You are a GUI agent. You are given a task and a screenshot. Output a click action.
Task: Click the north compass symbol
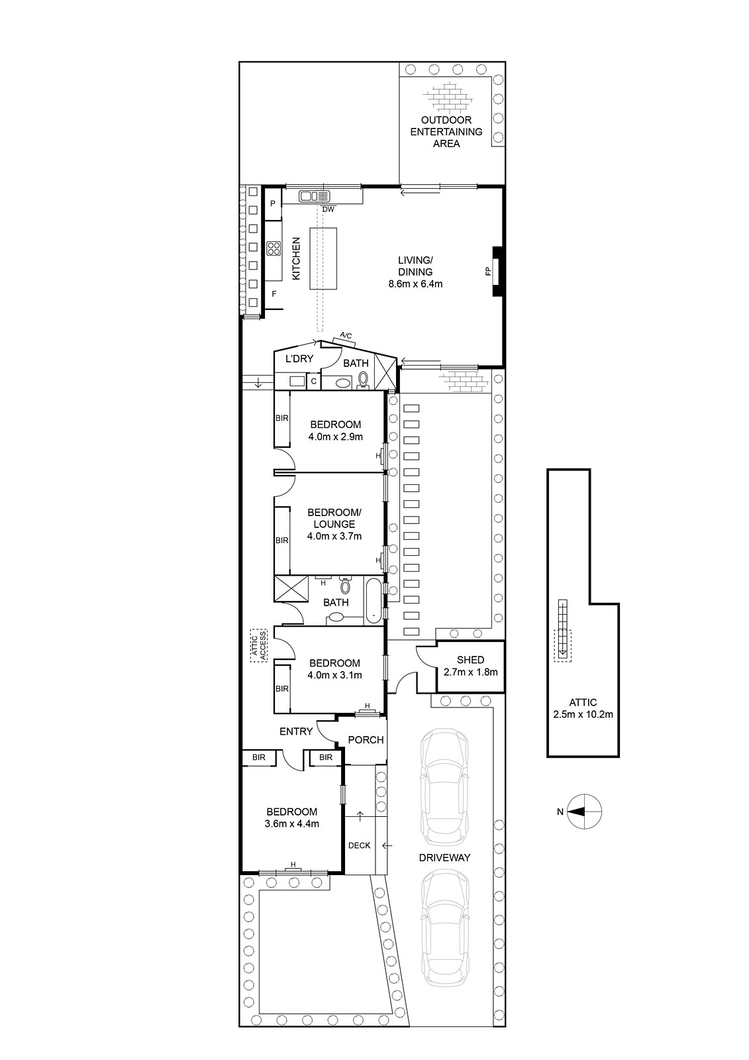coord(585,812)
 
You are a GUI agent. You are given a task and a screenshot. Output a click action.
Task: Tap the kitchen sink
coord(315,195)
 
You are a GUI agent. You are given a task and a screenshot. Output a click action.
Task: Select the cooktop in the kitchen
coord(274,248)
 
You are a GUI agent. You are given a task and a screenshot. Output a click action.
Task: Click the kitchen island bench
coord(324,258)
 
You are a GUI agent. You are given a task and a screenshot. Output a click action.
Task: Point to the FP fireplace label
coord(488,272)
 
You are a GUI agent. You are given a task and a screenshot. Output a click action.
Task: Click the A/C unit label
coord(346,337)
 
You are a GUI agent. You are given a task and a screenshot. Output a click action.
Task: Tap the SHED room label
coord(470,660)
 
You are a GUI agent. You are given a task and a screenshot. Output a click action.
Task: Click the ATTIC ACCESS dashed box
coord(259,645)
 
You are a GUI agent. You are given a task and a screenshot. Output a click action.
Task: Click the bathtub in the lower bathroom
coord(374,600)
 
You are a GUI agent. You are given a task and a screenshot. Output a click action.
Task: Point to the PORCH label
coord(366,739)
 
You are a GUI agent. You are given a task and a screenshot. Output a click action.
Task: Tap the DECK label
coord(359,845)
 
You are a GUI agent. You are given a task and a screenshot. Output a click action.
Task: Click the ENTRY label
coord(296,731)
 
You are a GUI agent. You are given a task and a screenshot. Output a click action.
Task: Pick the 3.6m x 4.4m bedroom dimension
coord(292,823)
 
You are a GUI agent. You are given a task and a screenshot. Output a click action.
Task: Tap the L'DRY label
coord(299,358)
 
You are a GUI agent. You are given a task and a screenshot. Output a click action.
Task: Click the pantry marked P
coord(273,204)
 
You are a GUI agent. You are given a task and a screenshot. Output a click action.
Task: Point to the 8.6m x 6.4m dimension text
coord(415,284)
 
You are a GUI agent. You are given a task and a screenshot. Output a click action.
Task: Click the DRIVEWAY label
coord(444,857)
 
